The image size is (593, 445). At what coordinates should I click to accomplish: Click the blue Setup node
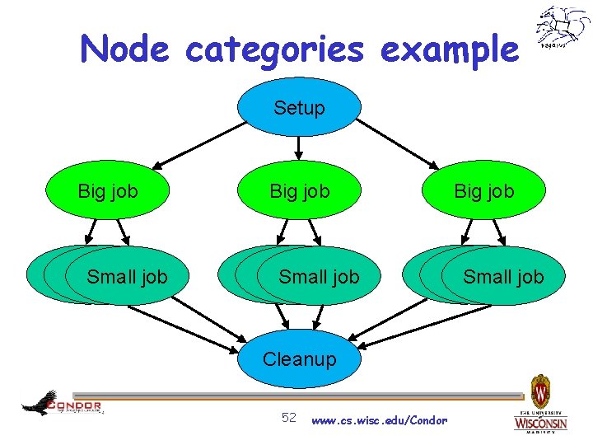pos(299,107)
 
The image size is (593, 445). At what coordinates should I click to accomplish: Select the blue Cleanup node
pos(299,359)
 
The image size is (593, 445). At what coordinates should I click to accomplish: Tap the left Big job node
pos(108,191)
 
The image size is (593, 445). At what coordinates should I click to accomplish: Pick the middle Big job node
pos(300,191)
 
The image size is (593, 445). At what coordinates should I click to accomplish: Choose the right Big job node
pos(484,191)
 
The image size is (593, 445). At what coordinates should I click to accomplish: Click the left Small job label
pos(127,277)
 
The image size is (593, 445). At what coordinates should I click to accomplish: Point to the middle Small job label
pos(319,277)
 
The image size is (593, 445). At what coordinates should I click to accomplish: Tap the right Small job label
pos(503,277)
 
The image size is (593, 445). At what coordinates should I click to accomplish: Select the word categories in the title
pos(274,50)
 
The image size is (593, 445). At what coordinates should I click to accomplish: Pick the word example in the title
pos(450,50)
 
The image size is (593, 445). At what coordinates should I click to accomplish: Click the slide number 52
pos(289,417)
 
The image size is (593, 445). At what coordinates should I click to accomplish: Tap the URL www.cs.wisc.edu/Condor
pos(380,420)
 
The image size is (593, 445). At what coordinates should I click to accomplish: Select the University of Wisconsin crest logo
pos(540,391)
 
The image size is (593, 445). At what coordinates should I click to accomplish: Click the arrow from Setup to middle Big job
pos(299,147)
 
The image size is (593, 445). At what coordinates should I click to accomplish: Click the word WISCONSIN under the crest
pos(540,424)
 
